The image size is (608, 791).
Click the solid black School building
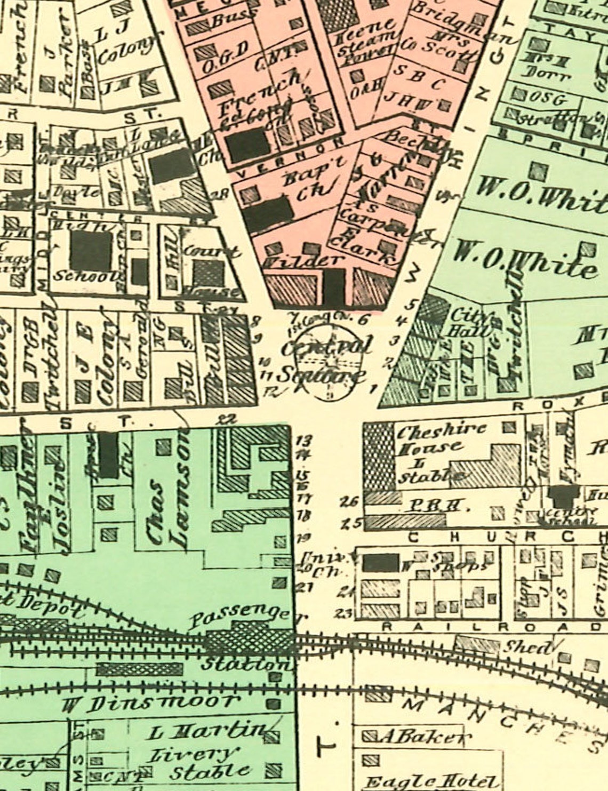pos(91,251)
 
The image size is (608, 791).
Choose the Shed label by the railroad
pos(528,647)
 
